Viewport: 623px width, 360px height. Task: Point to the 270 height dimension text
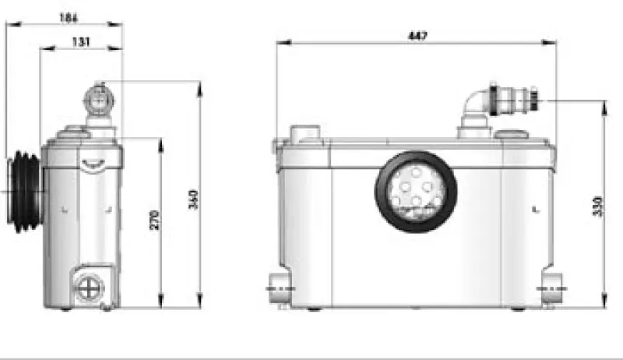pos(153,220)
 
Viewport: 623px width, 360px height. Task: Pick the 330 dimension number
pos(598,205)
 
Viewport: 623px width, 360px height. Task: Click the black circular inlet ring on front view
pos(416,191)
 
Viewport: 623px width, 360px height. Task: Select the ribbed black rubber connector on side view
pos(23,191)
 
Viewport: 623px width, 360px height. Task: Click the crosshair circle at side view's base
pos(89,288)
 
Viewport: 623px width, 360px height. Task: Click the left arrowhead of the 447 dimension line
pos(280,44)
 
